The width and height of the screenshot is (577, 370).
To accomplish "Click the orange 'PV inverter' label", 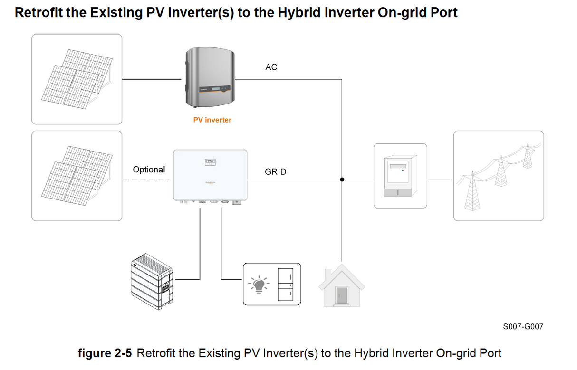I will pos(212,120).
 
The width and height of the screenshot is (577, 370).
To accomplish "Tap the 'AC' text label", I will pos(271,67).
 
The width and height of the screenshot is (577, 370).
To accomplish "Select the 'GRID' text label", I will pos(276,172).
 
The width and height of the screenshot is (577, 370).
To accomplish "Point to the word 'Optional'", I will pos(149,170).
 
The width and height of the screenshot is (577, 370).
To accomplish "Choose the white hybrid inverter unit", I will pos(210,176).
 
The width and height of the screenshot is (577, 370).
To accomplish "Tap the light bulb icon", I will pos(259,284).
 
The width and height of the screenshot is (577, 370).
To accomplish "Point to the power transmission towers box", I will pos(498,176).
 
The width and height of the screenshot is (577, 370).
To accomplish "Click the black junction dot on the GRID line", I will pos(342,180).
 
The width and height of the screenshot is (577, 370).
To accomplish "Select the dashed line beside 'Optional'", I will pos(147,180).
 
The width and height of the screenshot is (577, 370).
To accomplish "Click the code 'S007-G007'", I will pos(523,326).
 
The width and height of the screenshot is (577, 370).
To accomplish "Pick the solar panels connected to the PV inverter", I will pos(77,79).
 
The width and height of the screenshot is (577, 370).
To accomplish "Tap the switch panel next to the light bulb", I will pos(285,284).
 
